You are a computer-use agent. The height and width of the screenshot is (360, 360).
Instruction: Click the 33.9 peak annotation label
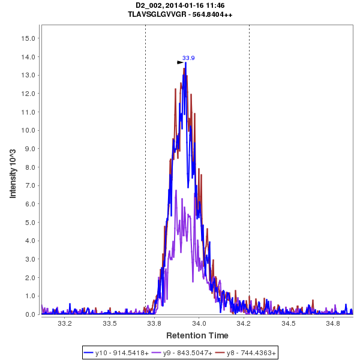click(x=188, y=58)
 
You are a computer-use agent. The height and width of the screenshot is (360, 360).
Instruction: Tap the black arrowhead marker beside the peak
click(x=180, y=62)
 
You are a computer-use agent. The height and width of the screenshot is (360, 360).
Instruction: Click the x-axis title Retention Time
click(x=197, y=335)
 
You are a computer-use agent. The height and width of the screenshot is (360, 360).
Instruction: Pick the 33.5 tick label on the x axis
click(x=109, y=323)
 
